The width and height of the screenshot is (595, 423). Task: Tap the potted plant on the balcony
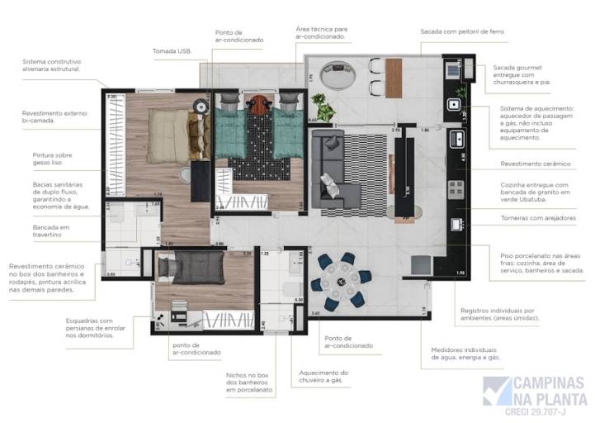coord(323,109)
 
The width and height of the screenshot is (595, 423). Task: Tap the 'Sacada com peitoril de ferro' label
coord(462,31)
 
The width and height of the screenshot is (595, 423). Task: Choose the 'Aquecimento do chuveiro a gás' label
coord(323,378)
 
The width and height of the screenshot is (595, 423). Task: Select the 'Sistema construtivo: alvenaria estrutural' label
coord(52,64)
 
